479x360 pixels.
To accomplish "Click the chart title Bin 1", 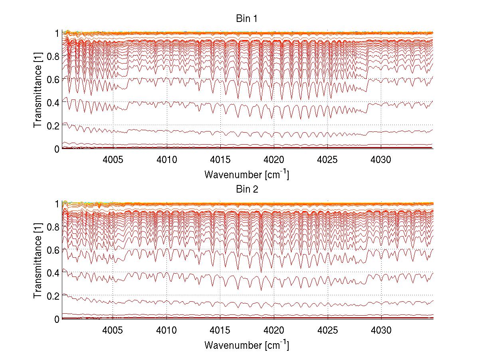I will (x=246, y=18).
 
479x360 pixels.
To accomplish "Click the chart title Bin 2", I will (x=246, y=189).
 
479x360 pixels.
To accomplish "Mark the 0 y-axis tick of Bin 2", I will (x=57, y=319).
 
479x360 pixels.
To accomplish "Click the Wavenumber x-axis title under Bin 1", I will (x=246, y=175).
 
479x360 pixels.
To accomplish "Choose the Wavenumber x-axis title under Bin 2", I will (x=246, y=345).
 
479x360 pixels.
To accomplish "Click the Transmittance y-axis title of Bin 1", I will (x=38, y=91).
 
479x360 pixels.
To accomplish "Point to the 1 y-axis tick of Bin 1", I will (x=57, y=33).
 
